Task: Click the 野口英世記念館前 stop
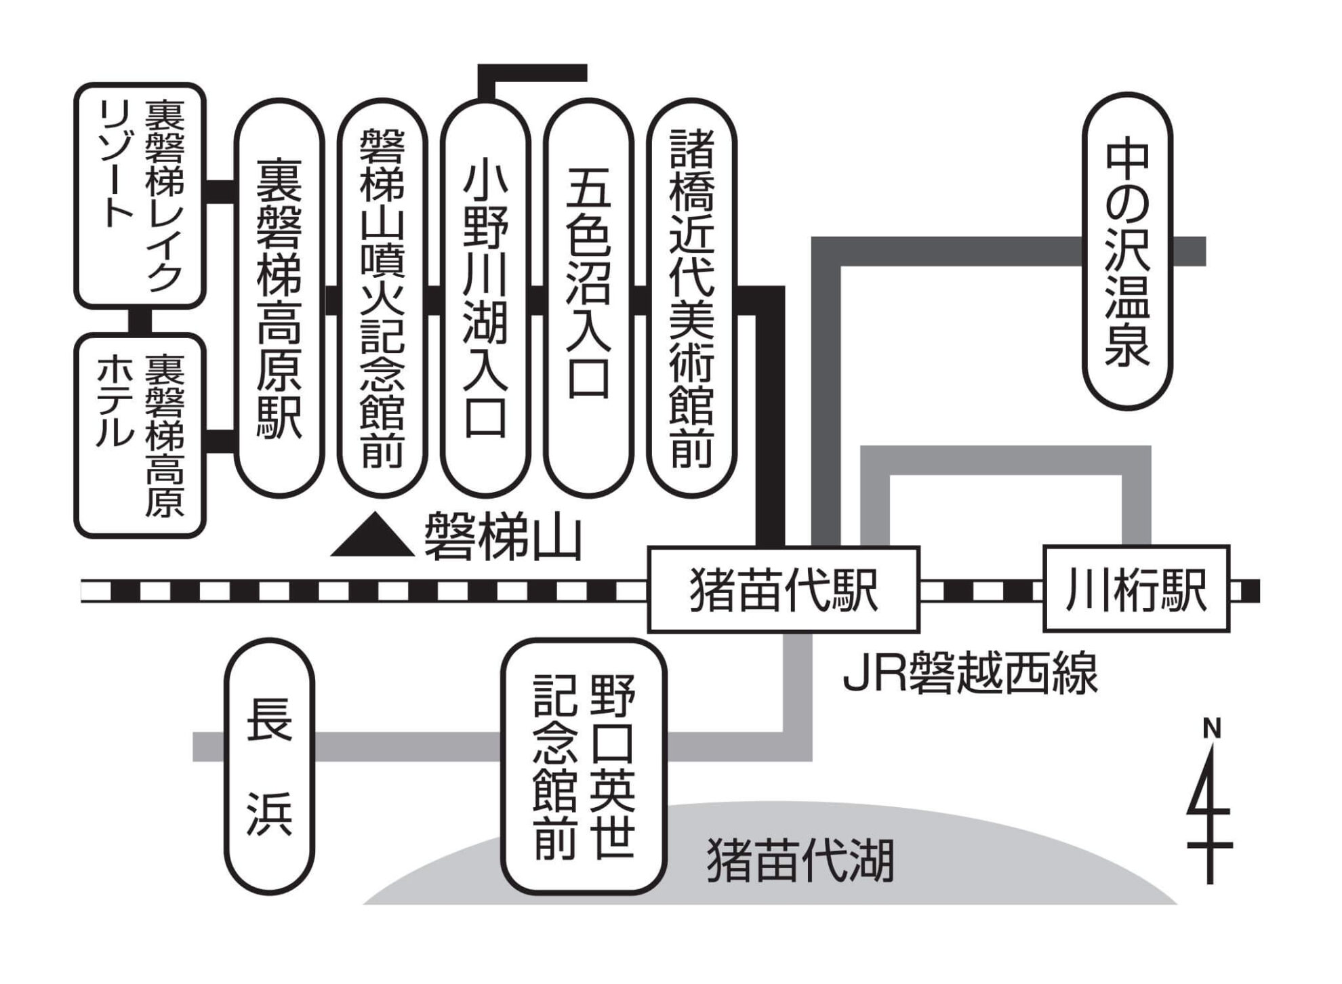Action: [x=584, y=766]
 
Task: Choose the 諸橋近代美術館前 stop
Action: [x=691, y=298]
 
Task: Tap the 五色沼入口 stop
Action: [x=588, y=298]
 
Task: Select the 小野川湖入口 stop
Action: [x=485, y=298]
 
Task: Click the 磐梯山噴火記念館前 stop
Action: [x=382, y=298]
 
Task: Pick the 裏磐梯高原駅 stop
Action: [x=279, y=298]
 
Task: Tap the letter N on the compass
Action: [x=1211, y=729]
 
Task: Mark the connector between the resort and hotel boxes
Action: [x=140, y=321]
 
